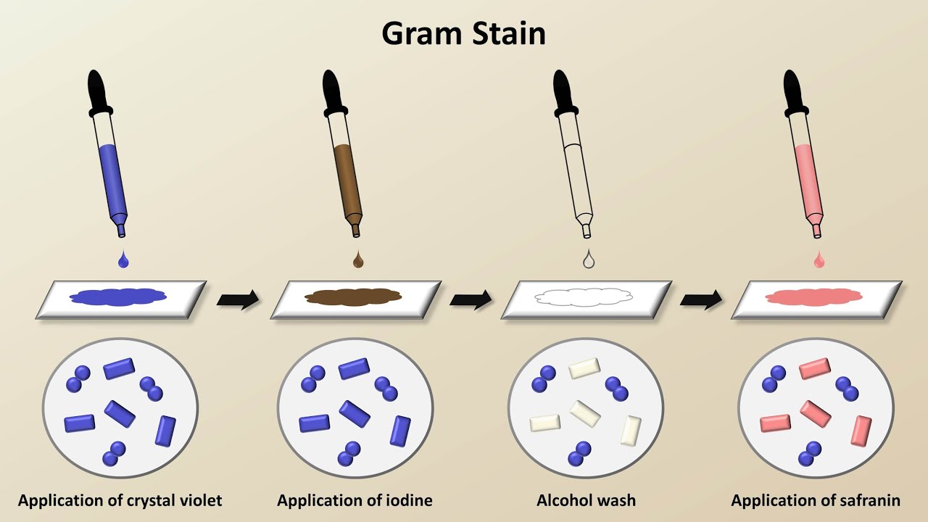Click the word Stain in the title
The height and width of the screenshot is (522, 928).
point(507,33)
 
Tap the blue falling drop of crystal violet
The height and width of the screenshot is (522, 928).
point(123,260)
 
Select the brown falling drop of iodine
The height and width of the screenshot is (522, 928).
point(357,260)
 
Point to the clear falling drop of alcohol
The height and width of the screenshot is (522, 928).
point(589,260)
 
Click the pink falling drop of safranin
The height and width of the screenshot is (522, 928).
point(819,260)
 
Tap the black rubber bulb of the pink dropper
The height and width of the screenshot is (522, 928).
point(794,91)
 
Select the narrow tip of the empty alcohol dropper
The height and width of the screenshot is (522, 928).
point(587,229)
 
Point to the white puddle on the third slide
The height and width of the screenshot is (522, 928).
point(584,297)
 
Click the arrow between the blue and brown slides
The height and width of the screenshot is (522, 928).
point(239,299)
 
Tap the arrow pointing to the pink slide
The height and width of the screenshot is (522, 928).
point(701,299)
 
